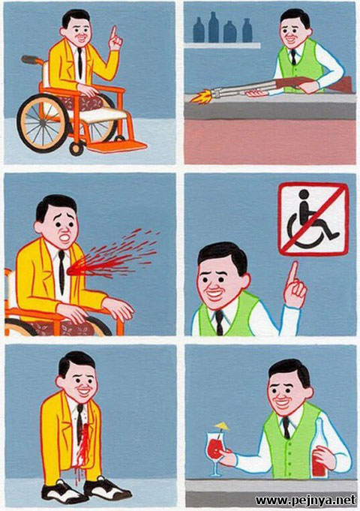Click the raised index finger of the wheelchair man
pyautogui.click(x=113, y=32)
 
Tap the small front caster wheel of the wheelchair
pyautogui.click(x=76, y=149)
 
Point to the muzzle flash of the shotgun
pyautogui.click(x=202, y=97)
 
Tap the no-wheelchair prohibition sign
pyautogui.click(x=313, y=219)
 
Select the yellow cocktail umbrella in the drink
pyautogui.click(x=221, y=425)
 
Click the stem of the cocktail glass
pyautogui.click(x=214, y=467)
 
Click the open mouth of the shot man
pyautogui.click(x=65, y=238)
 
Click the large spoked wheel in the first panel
pyautogui.click(x=43, y=123)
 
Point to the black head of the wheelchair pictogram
pyautogui.click(x=304, y=194)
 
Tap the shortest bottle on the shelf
pyautogui.click(x=230, y=32)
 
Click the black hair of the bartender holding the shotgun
pyautogui.click(x=295, y=17)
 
